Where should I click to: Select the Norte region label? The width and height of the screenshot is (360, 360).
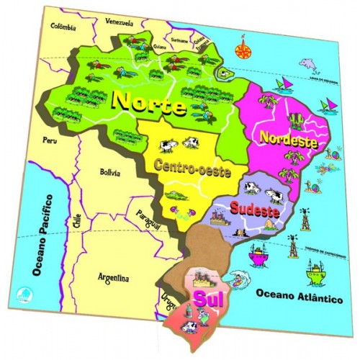150,104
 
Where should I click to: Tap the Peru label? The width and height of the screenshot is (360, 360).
49,140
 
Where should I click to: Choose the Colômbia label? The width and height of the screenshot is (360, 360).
63,27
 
